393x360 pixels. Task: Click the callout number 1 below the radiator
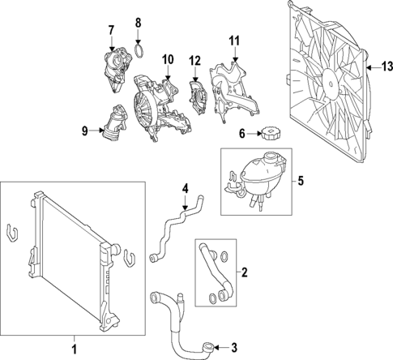[x=75, y=349]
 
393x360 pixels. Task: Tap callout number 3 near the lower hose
[x=233, y=349]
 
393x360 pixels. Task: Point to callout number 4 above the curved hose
[x=185, y=189]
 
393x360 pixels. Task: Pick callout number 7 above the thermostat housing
[x=111, y=30]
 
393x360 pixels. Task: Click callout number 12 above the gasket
[x=194, y=61]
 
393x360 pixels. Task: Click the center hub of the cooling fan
[x=329, y=79]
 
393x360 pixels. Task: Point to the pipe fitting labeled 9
[x=113, y=126]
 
